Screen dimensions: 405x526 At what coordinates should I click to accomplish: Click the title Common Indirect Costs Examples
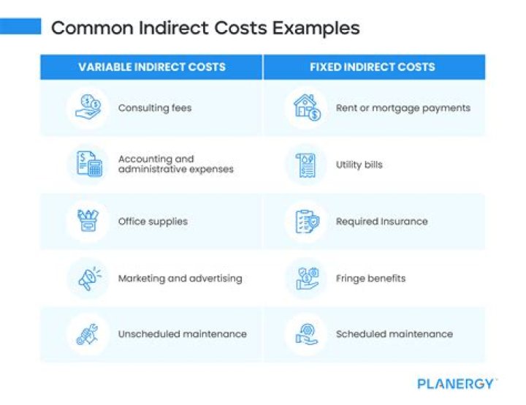click(205, 29)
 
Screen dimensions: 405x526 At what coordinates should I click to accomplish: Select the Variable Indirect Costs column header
click(152, 67)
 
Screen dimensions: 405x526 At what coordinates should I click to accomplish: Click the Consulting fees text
click(155, 107)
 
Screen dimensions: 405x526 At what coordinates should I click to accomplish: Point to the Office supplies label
click(153, 221)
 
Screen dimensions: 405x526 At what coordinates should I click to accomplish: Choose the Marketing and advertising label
click(180, 278)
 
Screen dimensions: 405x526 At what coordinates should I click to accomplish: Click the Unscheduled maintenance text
click(182, 334)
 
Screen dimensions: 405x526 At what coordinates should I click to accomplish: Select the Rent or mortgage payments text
click(403, 107)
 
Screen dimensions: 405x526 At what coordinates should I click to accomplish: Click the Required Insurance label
click(381, 221)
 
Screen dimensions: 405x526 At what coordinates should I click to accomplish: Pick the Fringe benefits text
click(370, 278)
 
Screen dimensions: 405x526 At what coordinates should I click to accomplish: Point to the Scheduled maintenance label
click(394, 334)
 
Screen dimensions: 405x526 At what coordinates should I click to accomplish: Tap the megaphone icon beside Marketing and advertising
click(88, 278)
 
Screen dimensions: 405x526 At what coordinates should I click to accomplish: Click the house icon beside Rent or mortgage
click(306, 107)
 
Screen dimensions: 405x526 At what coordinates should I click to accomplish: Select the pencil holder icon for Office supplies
click(88, 221)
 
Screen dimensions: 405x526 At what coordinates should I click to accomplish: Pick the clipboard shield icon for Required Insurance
click(306, 221)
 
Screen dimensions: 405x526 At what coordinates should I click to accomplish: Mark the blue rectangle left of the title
click(20, 27)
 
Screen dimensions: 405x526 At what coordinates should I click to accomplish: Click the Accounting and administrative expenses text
click(175, 164)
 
